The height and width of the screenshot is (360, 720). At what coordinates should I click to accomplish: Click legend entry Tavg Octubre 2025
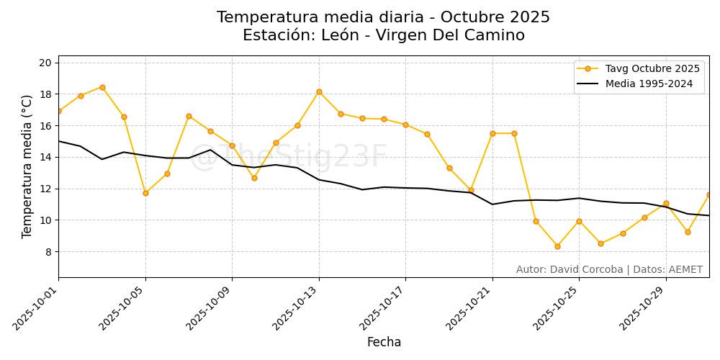[x=652, y=69]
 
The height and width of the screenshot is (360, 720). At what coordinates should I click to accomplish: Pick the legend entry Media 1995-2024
[x=649, y=84]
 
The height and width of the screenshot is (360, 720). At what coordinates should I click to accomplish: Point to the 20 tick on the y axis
[x=45, y=63]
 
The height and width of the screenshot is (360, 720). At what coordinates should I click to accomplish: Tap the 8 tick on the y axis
[x=48, y=252]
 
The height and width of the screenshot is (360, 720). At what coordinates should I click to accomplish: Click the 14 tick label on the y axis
[x=45, y=157]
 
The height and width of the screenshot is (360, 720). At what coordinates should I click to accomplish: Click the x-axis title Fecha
[x=384, y=342]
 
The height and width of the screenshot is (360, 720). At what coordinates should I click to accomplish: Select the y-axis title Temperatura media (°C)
[x=27, y=166]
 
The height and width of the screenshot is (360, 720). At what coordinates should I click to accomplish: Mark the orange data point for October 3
[x=102, y=87]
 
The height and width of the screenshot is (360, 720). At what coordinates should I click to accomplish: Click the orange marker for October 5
[x=145, y=193]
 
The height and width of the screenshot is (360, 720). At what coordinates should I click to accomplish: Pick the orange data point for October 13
[x=319, y=91]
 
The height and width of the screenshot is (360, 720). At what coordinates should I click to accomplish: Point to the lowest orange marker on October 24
[x=557, y=246]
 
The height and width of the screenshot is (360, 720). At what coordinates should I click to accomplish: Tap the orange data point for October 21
[x=492, y=133]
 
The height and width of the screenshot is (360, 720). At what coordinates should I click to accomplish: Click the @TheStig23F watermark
[x=288, y=157]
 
